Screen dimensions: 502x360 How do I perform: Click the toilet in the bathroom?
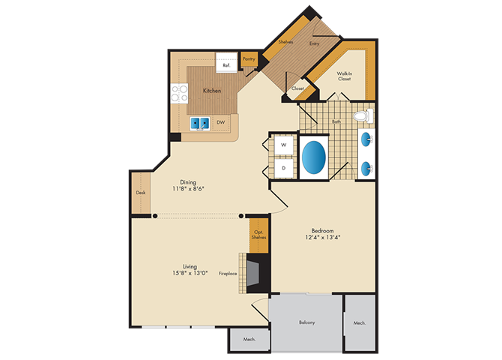coord(363,116)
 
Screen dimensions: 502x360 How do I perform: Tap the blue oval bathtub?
coord(314,157)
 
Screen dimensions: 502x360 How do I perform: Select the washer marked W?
coord(284,145)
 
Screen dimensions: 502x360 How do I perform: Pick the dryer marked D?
coord(284,168)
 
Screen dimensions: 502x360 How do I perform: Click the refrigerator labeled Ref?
coord(227,62)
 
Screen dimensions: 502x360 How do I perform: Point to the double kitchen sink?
coord(200,123)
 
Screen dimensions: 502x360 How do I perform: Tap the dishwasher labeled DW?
coord(221,122)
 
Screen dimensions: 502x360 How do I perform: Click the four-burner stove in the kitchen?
coord(179,93)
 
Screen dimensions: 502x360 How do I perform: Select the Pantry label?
coord(249,58)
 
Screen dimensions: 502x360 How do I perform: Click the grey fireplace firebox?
coord(252,273)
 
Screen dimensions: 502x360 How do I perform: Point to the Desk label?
coord(141,193)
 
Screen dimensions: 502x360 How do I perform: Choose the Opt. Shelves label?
coord(258,235)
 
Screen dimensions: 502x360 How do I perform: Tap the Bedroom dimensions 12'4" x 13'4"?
coord(322,238)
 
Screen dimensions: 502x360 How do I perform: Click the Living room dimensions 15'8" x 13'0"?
coord(190,273)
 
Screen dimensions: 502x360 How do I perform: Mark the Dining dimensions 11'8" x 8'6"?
coord(188,189)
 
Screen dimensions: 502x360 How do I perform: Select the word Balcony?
coord(306,322)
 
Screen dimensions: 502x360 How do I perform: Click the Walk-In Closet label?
coord(344,76)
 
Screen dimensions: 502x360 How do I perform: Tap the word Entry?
coord(314,43)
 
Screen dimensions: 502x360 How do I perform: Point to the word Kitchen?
coord(212,91)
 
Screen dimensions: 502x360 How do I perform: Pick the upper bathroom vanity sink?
coord(366,139)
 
